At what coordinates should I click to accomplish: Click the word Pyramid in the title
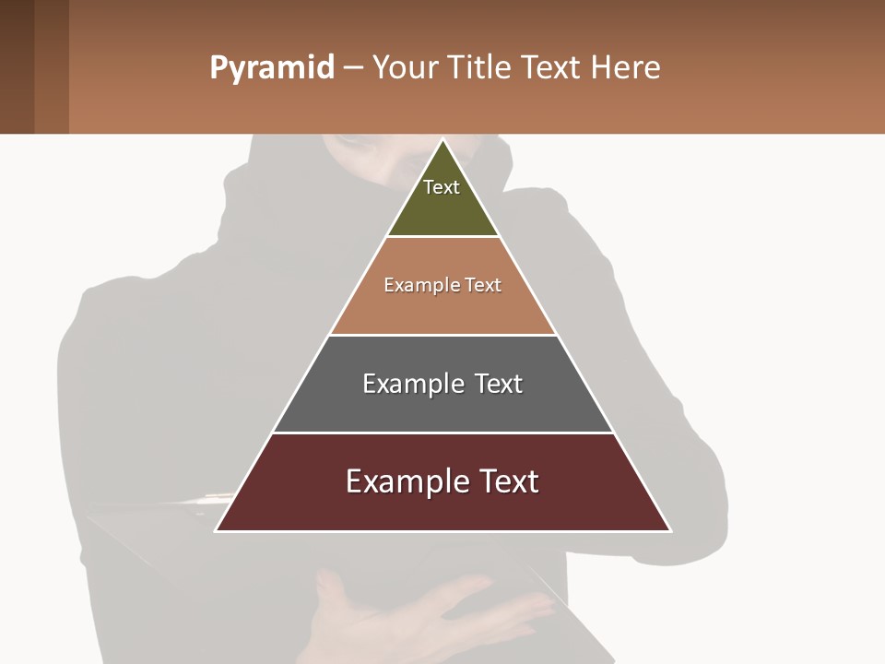272,68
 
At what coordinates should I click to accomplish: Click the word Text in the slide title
552,68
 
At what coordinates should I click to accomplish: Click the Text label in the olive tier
442,187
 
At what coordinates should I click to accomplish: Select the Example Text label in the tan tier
442,285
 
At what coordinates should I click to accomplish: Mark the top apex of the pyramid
442,140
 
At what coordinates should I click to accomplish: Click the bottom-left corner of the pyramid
217,530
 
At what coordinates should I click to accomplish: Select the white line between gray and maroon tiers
442,433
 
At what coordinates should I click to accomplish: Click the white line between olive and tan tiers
442,236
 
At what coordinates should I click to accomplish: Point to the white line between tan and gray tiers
442,335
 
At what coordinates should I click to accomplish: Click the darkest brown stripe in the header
17,66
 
